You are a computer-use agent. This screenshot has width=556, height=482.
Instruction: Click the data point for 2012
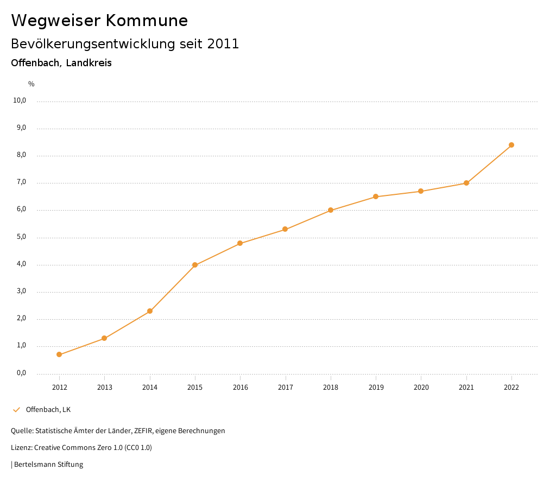(x=59, y=354)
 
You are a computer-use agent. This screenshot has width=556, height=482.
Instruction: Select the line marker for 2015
(x=195, y=265)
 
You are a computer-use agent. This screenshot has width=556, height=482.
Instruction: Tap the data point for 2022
(x=511, y=145)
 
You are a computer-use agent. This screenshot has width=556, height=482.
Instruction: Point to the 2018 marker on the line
(x=331, y=210)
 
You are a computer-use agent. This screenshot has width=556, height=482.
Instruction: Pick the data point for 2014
(x=150, y=311)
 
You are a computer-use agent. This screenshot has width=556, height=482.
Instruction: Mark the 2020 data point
(x=421, y=191)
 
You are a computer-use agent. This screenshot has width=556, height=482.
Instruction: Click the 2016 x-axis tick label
(x=241, y=387)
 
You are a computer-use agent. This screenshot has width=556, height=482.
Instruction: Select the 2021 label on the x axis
(x=466, y=387)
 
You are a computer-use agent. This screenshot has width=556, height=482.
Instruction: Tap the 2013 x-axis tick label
(x=105, y=387)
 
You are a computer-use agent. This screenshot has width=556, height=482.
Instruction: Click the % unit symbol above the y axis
(x=31, y=84)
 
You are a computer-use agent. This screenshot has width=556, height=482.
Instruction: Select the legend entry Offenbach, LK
(x=48, y=409)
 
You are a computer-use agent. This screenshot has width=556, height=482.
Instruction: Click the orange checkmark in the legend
(x=16, y=409)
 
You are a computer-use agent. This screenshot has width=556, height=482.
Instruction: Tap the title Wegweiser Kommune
(x=99, y=21)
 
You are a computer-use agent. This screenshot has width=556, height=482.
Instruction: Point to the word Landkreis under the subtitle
(x=89, y=63)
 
